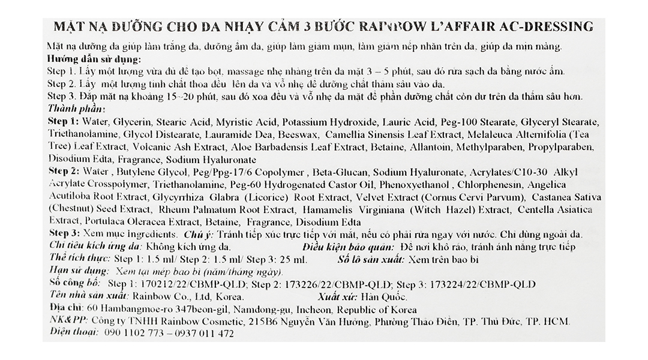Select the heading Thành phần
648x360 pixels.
pyautogui.click(x=75, y=109)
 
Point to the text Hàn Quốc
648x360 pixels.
pyautogui.click(x=384, y=297)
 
